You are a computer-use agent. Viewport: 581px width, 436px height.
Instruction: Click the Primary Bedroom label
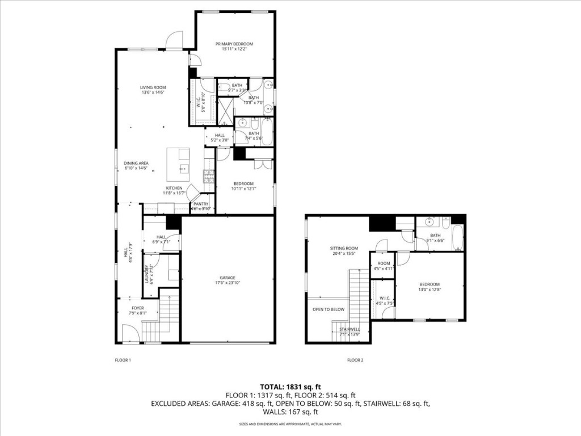tap(234, 44)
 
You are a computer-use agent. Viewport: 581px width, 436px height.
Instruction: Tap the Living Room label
tap(153, 87)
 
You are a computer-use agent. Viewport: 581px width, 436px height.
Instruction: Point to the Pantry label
tap(201, 204)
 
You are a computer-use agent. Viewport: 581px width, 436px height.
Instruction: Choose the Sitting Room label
tap(344, 248)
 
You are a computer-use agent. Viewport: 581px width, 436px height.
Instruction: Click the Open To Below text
tap(329, 309)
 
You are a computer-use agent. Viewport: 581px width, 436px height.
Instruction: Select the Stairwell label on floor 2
tap(350, 329)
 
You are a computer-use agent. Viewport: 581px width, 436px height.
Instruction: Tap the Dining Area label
tap(136, 163)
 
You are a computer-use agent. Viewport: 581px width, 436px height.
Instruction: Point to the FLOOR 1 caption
tap(123, 360)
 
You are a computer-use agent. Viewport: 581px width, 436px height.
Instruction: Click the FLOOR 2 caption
tap(355, 360)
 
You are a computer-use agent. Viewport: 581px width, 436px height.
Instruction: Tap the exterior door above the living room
tap(174, 40)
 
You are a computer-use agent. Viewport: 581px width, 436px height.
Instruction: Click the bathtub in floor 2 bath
tap(457, 237)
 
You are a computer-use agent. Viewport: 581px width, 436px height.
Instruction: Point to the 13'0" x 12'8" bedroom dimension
tap(430, 290)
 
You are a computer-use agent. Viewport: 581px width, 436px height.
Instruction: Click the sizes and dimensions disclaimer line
tap(290, 424)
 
